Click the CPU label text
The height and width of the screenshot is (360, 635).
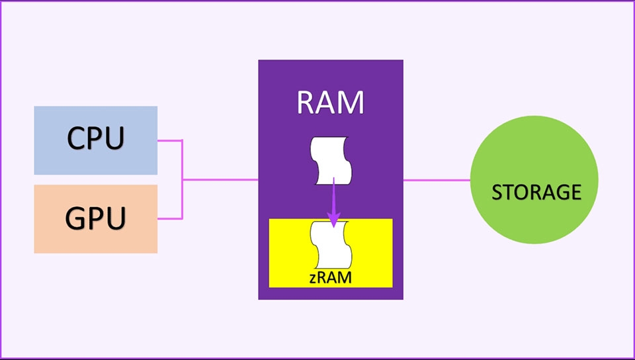(95, 138)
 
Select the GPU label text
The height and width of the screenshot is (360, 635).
(95, 218)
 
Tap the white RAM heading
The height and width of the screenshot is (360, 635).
(330, 103)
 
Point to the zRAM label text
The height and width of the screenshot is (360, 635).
(330, 278)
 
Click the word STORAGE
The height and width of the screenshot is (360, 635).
(536, 193)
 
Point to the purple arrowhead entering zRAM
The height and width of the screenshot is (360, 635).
(334, 220)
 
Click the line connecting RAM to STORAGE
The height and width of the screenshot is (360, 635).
(437, 179)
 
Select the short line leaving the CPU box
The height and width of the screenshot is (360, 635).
(169, 140)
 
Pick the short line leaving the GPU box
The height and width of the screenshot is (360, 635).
(169, 218)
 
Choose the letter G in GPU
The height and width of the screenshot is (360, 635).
(77, 218)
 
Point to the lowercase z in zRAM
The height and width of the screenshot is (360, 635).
(314, 279)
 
